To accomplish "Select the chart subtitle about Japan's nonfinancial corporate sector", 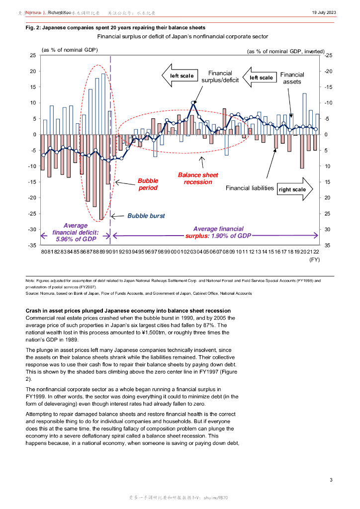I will (x=182, y=37).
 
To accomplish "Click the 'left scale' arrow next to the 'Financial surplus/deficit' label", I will (x=180, y=76).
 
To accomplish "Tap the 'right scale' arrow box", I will (x=294, y=189).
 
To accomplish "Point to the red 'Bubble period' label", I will (x=148, y=184).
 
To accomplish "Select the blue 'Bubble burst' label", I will (x=146, y=216).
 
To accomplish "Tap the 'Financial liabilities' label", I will (x=250, y=188).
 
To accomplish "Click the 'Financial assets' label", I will (x=292, y=78).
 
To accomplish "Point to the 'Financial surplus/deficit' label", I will (x=220, y=77).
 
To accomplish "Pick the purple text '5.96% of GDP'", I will (x=76, y=239).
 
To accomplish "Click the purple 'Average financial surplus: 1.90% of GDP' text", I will (x=218, y=232).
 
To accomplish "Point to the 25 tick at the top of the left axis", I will (x=32, y=55).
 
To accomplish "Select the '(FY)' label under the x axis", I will (x=314, y=259).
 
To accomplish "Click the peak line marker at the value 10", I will (x=193, y=103).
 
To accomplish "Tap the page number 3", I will (x=331, y=480).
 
